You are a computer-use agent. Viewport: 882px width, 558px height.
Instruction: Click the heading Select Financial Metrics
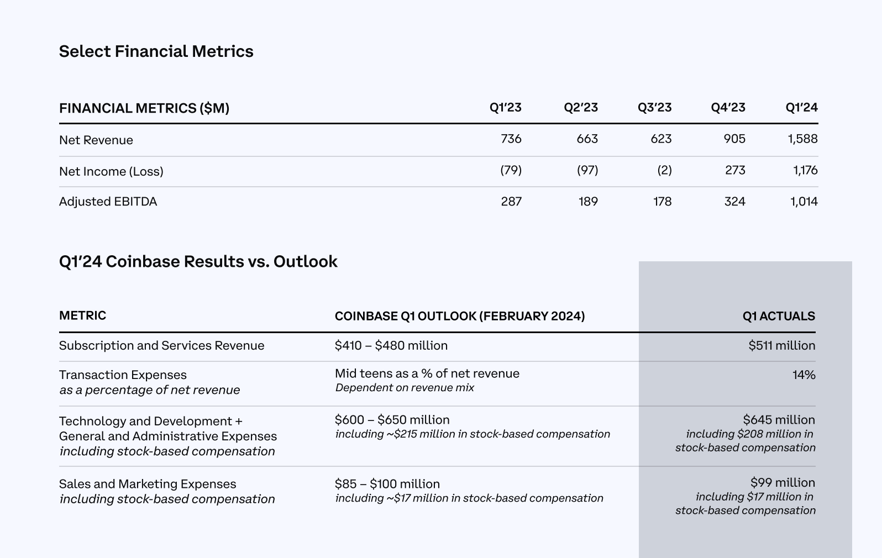[156, 51]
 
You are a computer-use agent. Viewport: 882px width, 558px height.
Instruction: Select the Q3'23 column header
[654, 107]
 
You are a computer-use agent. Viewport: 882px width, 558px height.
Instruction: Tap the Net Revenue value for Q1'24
[802, 139]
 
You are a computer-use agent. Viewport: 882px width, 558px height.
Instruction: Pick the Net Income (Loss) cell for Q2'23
[587, 170]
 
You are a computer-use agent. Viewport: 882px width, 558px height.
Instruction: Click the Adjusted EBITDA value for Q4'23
[734, 202]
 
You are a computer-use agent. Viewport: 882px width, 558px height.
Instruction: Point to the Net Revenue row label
[96, 140]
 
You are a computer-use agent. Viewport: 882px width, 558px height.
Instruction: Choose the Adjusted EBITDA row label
[108, 202]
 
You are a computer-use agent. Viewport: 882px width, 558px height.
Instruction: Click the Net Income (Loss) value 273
[735, 170]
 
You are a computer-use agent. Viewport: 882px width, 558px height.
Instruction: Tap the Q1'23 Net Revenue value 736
[511, 139]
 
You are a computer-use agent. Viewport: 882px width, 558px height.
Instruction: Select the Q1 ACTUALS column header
[779, 316]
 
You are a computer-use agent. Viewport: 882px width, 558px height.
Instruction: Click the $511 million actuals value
[781, 346]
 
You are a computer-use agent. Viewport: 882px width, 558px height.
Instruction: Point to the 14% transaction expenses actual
[804, 375]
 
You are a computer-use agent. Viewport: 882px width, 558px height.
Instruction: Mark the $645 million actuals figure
[779, 420]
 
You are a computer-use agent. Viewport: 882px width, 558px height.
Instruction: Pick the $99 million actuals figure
[783, 483]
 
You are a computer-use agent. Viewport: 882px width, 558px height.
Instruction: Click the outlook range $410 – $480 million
[391, 346]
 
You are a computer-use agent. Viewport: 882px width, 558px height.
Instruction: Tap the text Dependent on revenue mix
[405, 388]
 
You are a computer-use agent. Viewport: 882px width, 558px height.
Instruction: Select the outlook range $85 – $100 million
[387, 484]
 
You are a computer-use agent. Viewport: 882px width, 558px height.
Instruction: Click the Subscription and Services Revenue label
[161, 346]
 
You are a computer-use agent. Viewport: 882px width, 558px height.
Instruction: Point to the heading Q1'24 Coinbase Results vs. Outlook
[198, 261]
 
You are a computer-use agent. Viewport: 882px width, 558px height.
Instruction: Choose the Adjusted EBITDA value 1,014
[804, 202]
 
